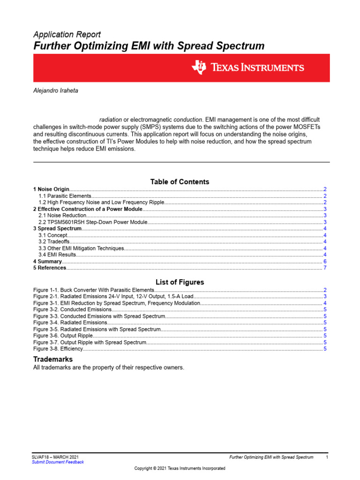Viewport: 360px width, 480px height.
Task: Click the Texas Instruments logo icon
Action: (x=198, y=67)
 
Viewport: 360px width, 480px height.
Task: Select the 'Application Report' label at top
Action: (x=67, y=35)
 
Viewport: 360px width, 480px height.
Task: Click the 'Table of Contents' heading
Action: (x=180, y=182)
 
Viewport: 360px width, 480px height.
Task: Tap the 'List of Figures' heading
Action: (x=180, y=282)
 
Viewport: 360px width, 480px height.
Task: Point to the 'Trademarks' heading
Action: (x=52, y=359)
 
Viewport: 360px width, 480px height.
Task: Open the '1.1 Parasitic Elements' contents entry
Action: (x=65, y=196)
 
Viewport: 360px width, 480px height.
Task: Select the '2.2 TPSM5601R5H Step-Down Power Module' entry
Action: (x=93, y=222)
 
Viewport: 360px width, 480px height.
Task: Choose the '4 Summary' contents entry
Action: (x=47, y=262)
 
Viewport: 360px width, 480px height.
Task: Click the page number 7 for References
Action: (x=325, y=268)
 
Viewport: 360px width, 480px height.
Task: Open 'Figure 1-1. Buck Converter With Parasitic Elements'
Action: (x=90, y=291)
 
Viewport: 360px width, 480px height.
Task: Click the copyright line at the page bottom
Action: (x=180, y=468)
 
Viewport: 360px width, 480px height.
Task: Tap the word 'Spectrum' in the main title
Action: (x=240, y=46)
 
